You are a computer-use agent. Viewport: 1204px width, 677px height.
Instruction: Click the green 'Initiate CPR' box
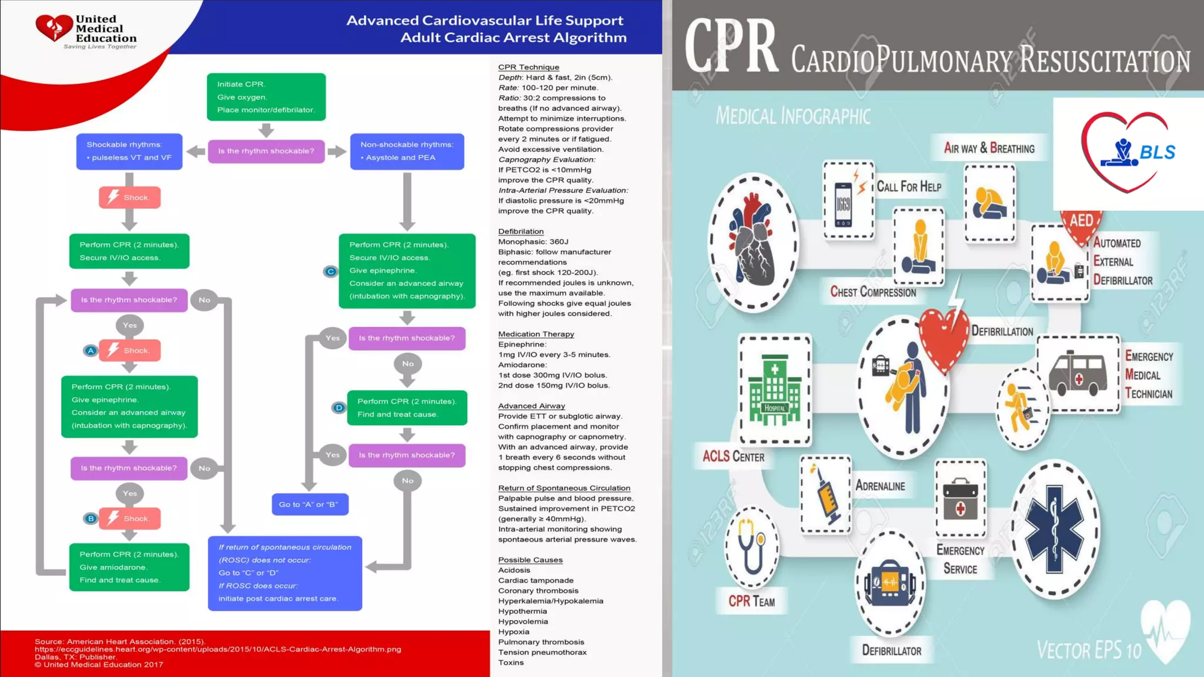point(266,97)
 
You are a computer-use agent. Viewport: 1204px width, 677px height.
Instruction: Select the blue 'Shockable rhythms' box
point(129,151)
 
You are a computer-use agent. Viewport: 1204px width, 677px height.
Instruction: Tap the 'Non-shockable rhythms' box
point(407,151)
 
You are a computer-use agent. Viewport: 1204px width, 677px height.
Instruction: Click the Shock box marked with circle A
point(129,350)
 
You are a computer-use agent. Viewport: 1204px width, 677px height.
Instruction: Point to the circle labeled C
point(331,272)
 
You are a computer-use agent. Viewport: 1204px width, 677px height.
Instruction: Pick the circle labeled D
point(339,407)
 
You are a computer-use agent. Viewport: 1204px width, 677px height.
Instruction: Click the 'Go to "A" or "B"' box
point(309,504)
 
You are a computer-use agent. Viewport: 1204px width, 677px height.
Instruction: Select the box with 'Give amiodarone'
point(129,567)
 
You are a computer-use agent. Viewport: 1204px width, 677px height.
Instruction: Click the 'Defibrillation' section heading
point(521,232)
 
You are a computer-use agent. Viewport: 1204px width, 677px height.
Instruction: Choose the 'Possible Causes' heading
point(530,560)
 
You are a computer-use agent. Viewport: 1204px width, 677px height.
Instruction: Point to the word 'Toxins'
point(511,663)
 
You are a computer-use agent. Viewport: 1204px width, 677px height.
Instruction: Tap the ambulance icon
point(1078,373)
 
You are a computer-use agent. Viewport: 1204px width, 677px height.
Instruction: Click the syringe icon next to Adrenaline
point(825,494)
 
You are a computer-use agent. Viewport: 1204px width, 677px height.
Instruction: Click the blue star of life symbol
point(1055,529)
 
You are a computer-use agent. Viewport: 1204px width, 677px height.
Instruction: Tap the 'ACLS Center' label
point(733,457)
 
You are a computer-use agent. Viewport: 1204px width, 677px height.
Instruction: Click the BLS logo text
point(1157,153)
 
